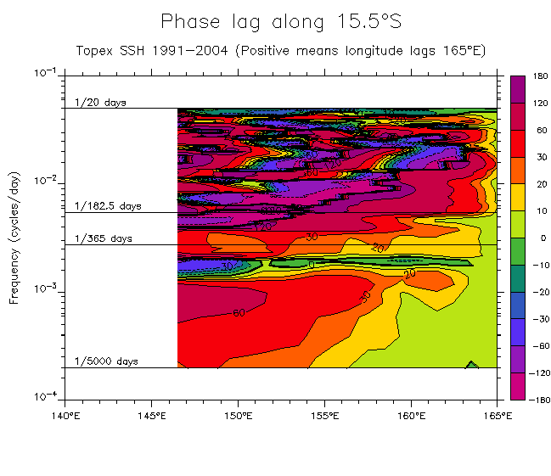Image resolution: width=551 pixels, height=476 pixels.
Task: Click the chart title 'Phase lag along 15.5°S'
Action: tap(280, 21)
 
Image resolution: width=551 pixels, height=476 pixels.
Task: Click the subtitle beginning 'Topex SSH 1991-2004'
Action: tap(280, 50)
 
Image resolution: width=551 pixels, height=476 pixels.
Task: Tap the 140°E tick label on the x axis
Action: tap(65, 416)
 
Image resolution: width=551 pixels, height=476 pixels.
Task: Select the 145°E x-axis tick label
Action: tap(151, 416)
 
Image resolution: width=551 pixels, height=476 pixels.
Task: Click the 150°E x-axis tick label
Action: tap(238, 416)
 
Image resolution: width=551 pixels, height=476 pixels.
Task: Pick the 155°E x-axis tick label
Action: tap(324, 416)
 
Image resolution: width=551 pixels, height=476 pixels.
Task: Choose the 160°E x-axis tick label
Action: tap(411, 416)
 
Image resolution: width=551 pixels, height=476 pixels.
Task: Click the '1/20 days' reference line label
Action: tap(99, 103)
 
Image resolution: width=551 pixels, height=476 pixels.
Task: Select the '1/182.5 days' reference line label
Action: tap(107, 206)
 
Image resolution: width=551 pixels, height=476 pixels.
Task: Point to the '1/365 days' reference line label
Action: tap(103, 238)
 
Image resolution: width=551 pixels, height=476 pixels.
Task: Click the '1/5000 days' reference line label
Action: tap(106, 361)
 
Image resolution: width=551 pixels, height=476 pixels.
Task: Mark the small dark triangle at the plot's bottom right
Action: tap(473, 365)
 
